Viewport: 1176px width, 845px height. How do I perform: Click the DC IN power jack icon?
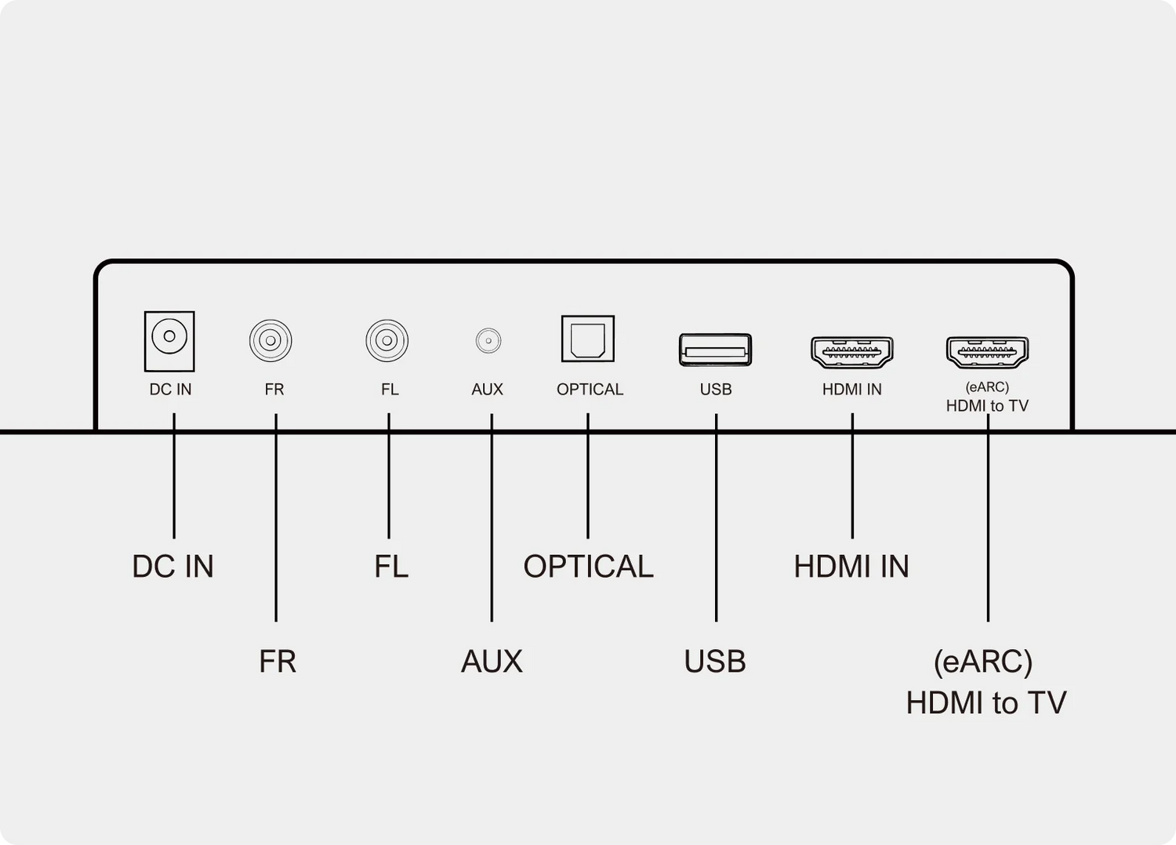click(169, 341)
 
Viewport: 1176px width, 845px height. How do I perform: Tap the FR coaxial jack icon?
click(270, 341)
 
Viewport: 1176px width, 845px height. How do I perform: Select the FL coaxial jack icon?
click(387, 341)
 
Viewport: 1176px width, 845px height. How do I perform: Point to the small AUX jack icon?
click(488, 341)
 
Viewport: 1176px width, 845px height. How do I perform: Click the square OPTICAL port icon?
click(587, 339)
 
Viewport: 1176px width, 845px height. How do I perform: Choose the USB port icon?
click(715, 350)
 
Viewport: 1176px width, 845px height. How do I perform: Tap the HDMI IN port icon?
click(851, 352)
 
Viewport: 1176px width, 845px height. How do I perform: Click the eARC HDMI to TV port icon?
click(987, 352)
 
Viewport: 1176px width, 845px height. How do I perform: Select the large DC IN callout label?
click(172, 567)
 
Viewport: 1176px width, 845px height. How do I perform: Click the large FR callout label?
click(278, 662)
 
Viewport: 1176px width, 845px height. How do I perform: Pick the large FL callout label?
click(391, 567)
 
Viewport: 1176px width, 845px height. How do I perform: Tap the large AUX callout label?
click(492, 662)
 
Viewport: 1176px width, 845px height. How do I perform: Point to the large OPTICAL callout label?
click(588, 567)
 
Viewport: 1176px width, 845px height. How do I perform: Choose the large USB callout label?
click(715, 662)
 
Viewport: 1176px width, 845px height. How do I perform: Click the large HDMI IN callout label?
click(851, 567)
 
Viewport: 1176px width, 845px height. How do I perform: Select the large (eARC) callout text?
click(983, 662)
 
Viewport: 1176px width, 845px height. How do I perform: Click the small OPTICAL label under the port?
click(590, 390)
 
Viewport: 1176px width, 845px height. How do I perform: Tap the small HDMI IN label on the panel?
click(851, 390)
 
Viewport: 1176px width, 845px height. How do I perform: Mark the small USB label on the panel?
click(716, 390)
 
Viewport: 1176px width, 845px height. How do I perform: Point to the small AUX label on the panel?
click(487, 390)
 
